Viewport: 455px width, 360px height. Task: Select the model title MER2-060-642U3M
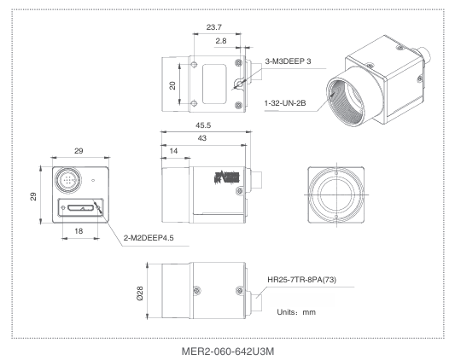[x=226, y=350]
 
